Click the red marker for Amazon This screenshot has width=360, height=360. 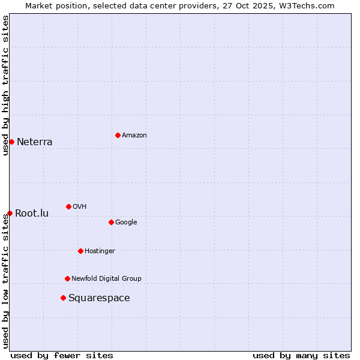[118, 135]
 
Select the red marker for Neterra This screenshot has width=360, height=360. [11, 142]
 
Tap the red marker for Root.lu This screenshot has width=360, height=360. [10, 213]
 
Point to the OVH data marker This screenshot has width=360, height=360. [68, 206]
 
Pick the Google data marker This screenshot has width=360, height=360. [111, 222]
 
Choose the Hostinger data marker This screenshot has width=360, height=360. [80, 251]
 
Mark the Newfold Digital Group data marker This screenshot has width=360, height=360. [67, 278]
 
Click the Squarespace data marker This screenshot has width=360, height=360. [63, 298]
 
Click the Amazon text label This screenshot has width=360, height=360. [134, 135]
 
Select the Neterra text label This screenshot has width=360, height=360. [34, 142]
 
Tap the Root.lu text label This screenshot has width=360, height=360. [32, 214]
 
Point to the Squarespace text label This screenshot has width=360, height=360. [99, 298]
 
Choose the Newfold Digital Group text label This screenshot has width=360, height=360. [106, 278]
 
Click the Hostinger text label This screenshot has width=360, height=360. [100, 251]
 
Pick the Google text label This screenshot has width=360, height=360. [126, 222]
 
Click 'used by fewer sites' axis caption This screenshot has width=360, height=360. [62, 355]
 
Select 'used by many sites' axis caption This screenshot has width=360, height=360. [301, 355]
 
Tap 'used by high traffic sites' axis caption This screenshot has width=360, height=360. [5, 85]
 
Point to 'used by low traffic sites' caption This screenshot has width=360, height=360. [5, 281]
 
